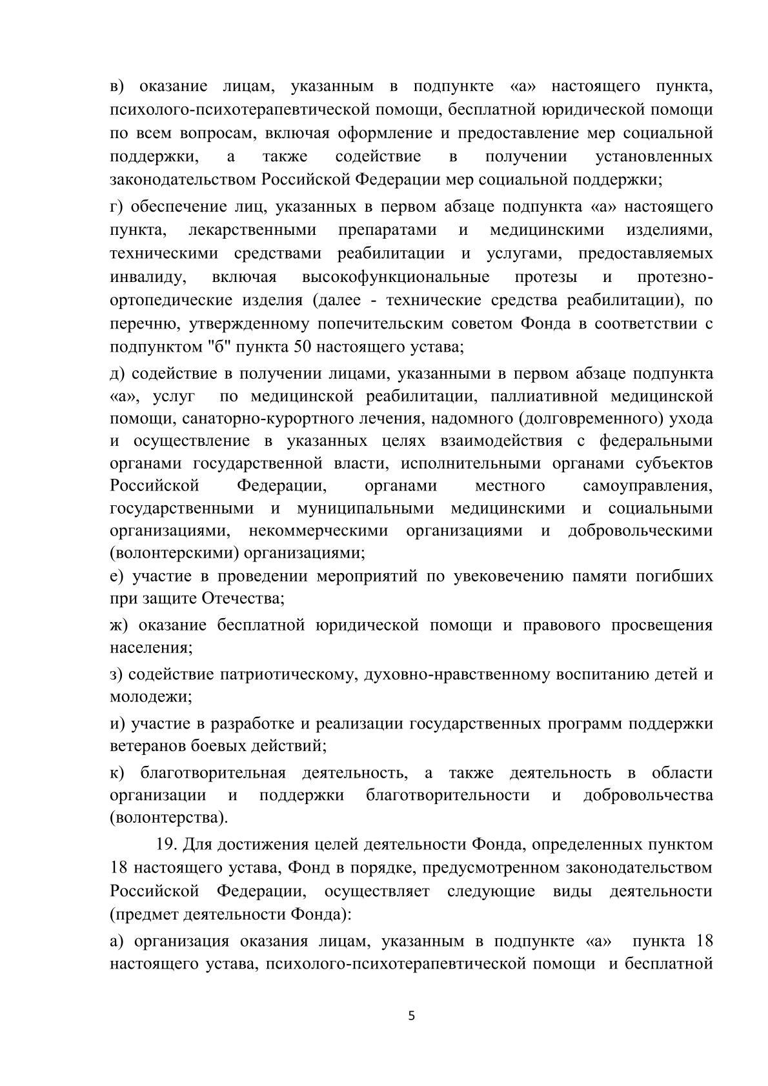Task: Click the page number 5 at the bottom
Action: coord(412,1016)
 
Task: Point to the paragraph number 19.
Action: coord(167,844)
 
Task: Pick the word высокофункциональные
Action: coord(395,277)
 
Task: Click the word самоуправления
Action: coord(647,485)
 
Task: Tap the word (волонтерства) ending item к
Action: coord(169,818)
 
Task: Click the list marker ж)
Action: coord(120,625)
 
